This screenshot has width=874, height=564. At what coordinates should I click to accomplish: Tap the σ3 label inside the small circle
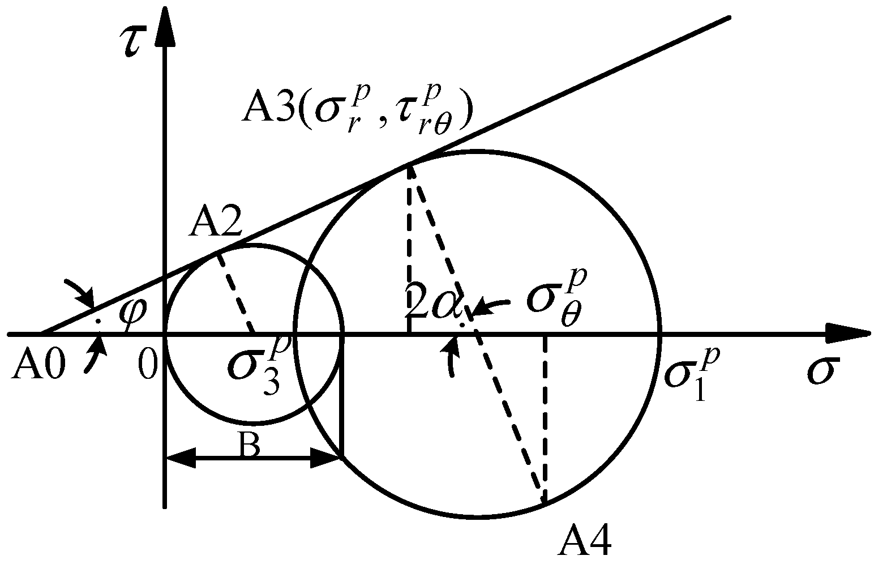pyautogui.click(x=255, y=365)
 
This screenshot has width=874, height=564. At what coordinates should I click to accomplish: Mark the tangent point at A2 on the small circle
pyautogui.click(x=217, y=252)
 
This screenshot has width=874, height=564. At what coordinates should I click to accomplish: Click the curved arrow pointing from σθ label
pyautogui.click(x=492, y=306)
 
